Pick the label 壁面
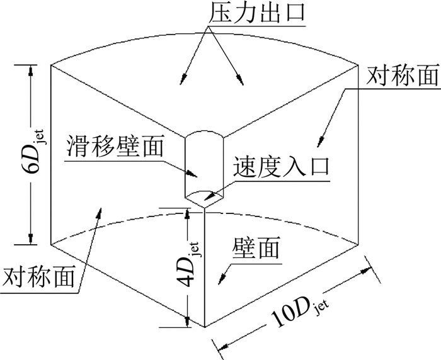256,250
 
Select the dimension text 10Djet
295,315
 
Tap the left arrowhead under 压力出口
183,77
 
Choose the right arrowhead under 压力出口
240,80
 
